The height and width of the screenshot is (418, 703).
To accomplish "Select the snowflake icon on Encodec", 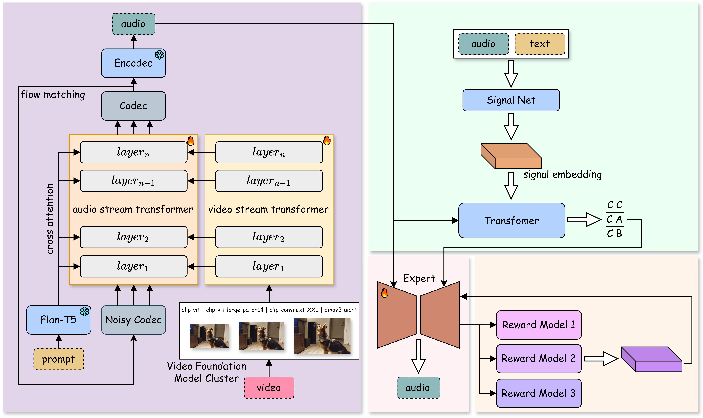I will pos(159,55).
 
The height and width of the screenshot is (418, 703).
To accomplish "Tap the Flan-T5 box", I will pos(59,320).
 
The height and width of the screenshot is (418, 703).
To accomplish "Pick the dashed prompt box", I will pos(59,359).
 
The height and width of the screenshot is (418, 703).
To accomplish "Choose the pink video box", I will pos(269,388).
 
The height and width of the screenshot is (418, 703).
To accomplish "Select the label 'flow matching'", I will pos(53,95).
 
